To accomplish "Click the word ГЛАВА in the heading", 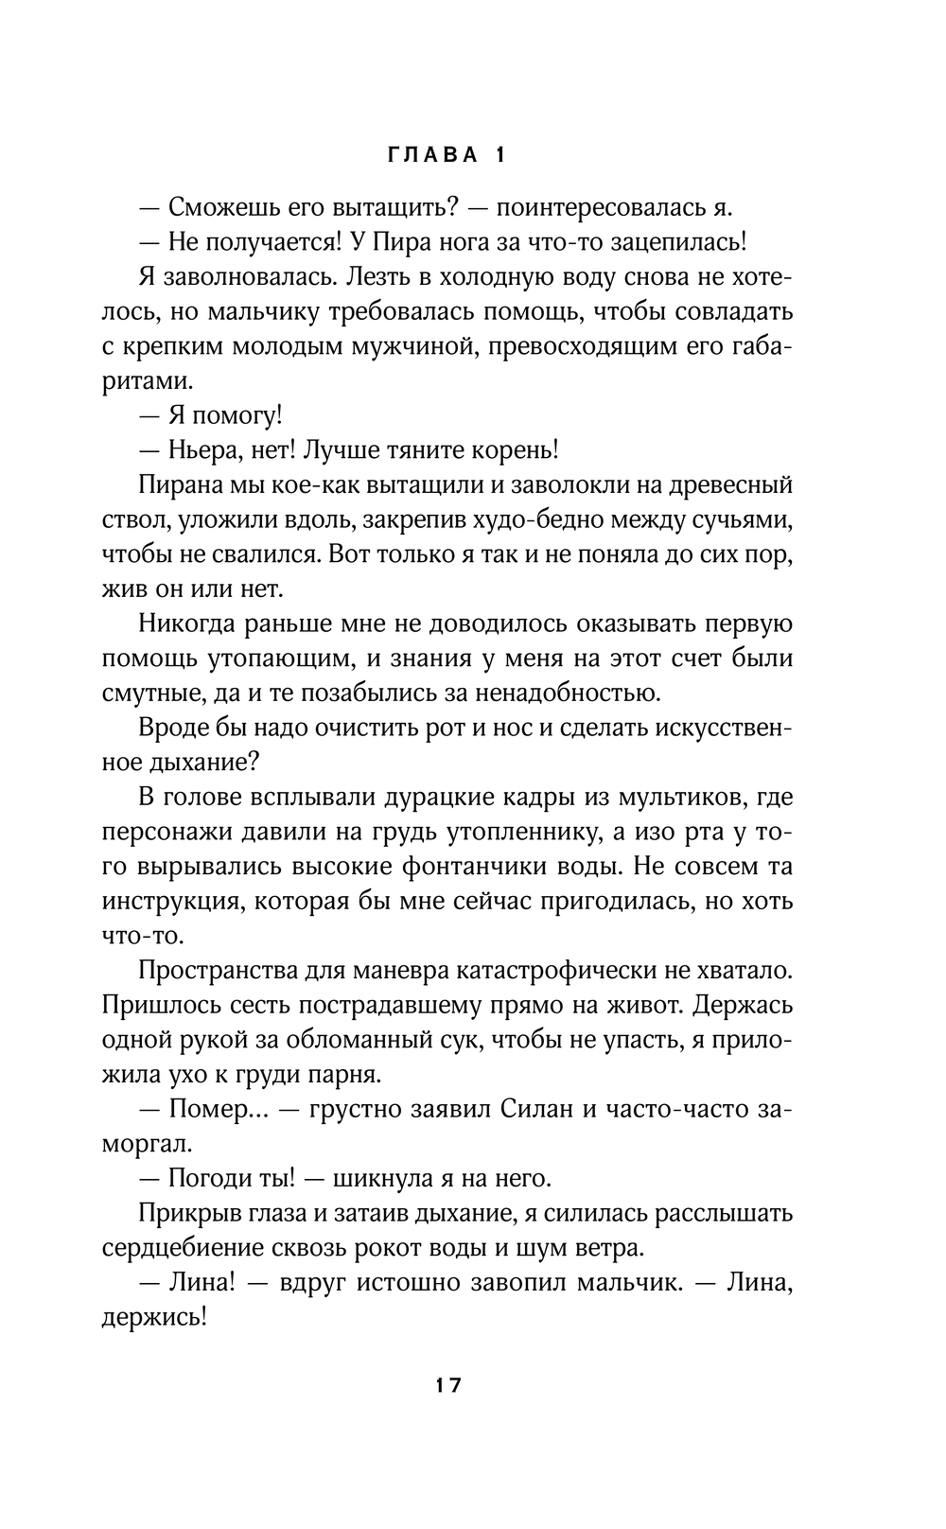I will tap(434, 157).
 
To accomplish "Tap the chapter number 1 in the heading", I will tap(499, 157).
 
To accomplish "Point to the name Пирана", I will tap(181, 485).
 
